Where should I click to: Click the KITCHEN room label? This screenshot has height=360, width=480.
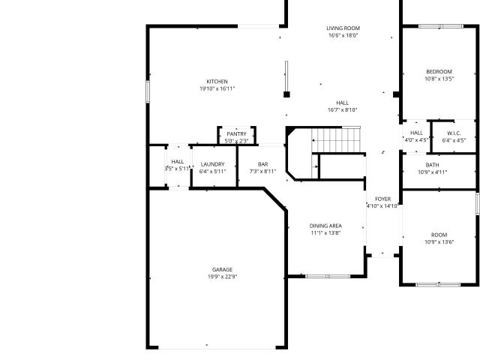click(217, 82)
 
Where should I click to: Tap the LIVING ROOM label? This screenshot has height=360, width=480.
click(343, 28)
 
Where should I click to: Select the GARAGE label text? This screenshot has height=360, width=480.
click(222, 270)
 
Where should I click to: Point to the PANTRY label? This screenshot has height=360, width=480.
click(237, 134)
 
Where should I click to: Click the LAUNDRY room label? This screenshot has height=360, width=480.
click(213, 164)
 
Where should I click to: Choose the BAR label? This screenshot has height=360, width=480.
click(263, 164)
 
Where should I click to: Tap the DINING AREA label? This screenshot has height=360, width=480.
click(325, 226)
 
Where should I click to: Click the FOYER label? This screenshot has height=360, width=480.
click(383, 199)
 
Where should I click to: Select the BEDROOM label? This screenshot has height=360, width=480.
click(439, 72)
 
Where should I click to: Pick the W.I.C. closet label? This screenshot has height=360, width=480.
click(454, 133)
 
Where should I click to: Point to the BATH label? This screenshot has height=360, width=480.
click(432, 165)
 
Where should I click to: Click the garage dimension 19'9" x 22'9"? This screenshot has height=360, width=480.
click(223, 277)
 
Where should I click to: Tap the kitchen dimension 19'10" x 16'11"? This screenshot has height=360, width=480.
click(217, 88)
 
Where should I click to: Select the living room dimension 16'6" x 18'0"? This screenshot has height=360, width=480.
click(343, 35)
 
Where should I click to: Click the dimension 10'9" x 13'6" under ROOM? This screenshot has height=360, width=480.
click(439, 242)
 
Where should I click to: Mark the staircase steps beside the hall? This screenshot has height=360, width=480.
click(336, 140)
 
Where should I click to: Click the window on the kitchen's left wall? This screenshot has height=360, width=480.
click(148, 91)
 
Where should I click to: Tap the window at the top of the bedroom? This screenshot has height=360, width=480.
click(441, 26)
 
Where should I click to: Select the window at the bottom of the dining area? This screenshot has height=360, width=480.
click(328, 277)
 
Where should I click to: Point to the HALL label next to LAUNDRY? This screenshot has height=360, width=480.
click(178, 162)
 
